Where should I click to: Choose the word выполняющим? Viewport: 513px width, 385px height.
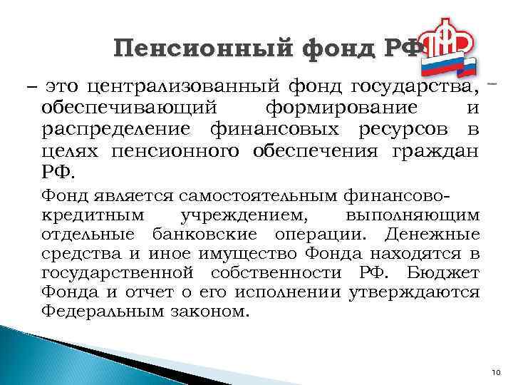413,214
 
